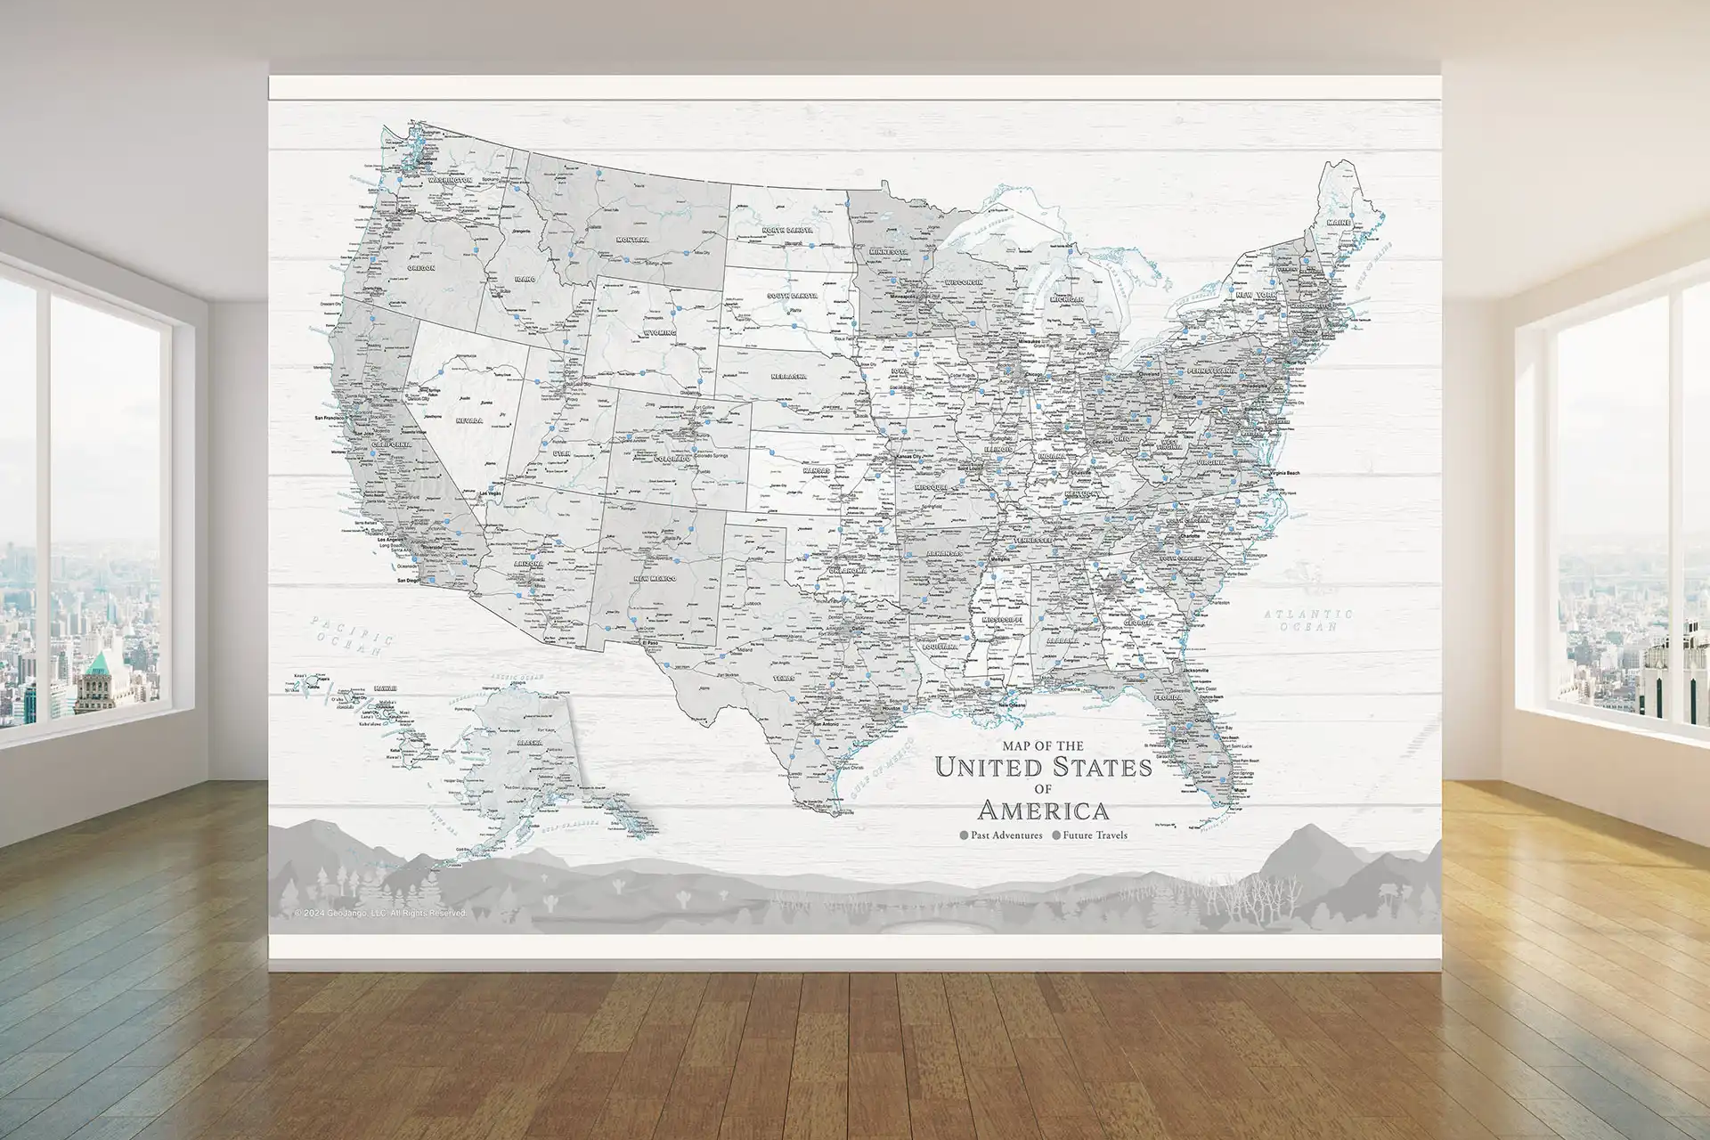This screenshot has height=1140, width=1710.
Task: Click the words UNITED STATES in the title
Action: (1044, 767)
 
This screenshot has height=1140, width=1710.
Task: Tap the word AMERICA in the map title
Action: (1044, 810)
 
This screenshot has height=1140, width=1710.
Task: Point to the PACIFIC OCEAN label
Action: (351, 634)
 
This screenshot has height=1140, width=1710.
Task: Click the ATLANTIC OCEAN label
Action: (1308, 620)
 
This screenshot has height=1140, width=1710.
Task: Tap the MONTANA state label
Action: (633, 240)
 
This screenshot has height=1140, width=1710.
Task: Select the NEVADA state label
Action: (469, 420)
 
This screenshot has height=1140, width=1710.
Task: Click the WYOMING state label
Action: (660, 333)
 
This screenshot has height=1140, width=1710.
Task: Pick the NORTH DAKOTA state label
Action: (787, 231)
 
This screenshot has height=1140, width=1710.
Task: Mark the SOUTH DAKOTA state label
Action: (792, 296)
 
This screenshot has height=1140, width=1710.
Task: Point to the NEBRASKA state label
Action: (788, 377)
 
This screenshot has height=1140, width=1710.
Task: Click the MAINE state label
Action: (1339, 223)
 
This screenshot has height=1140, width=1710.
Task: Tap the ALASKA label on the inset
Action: (529, 742)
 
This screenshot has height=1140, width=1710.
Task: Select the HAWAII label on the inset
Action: (386, 688)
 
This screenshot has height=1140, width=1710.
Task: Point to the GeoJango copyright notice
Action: (379, 913)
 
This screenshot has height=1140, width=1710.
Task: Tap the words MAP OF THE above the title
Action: (1043, 745)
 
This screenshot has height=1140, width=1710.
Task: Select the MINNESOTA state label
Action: (887, 252)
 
